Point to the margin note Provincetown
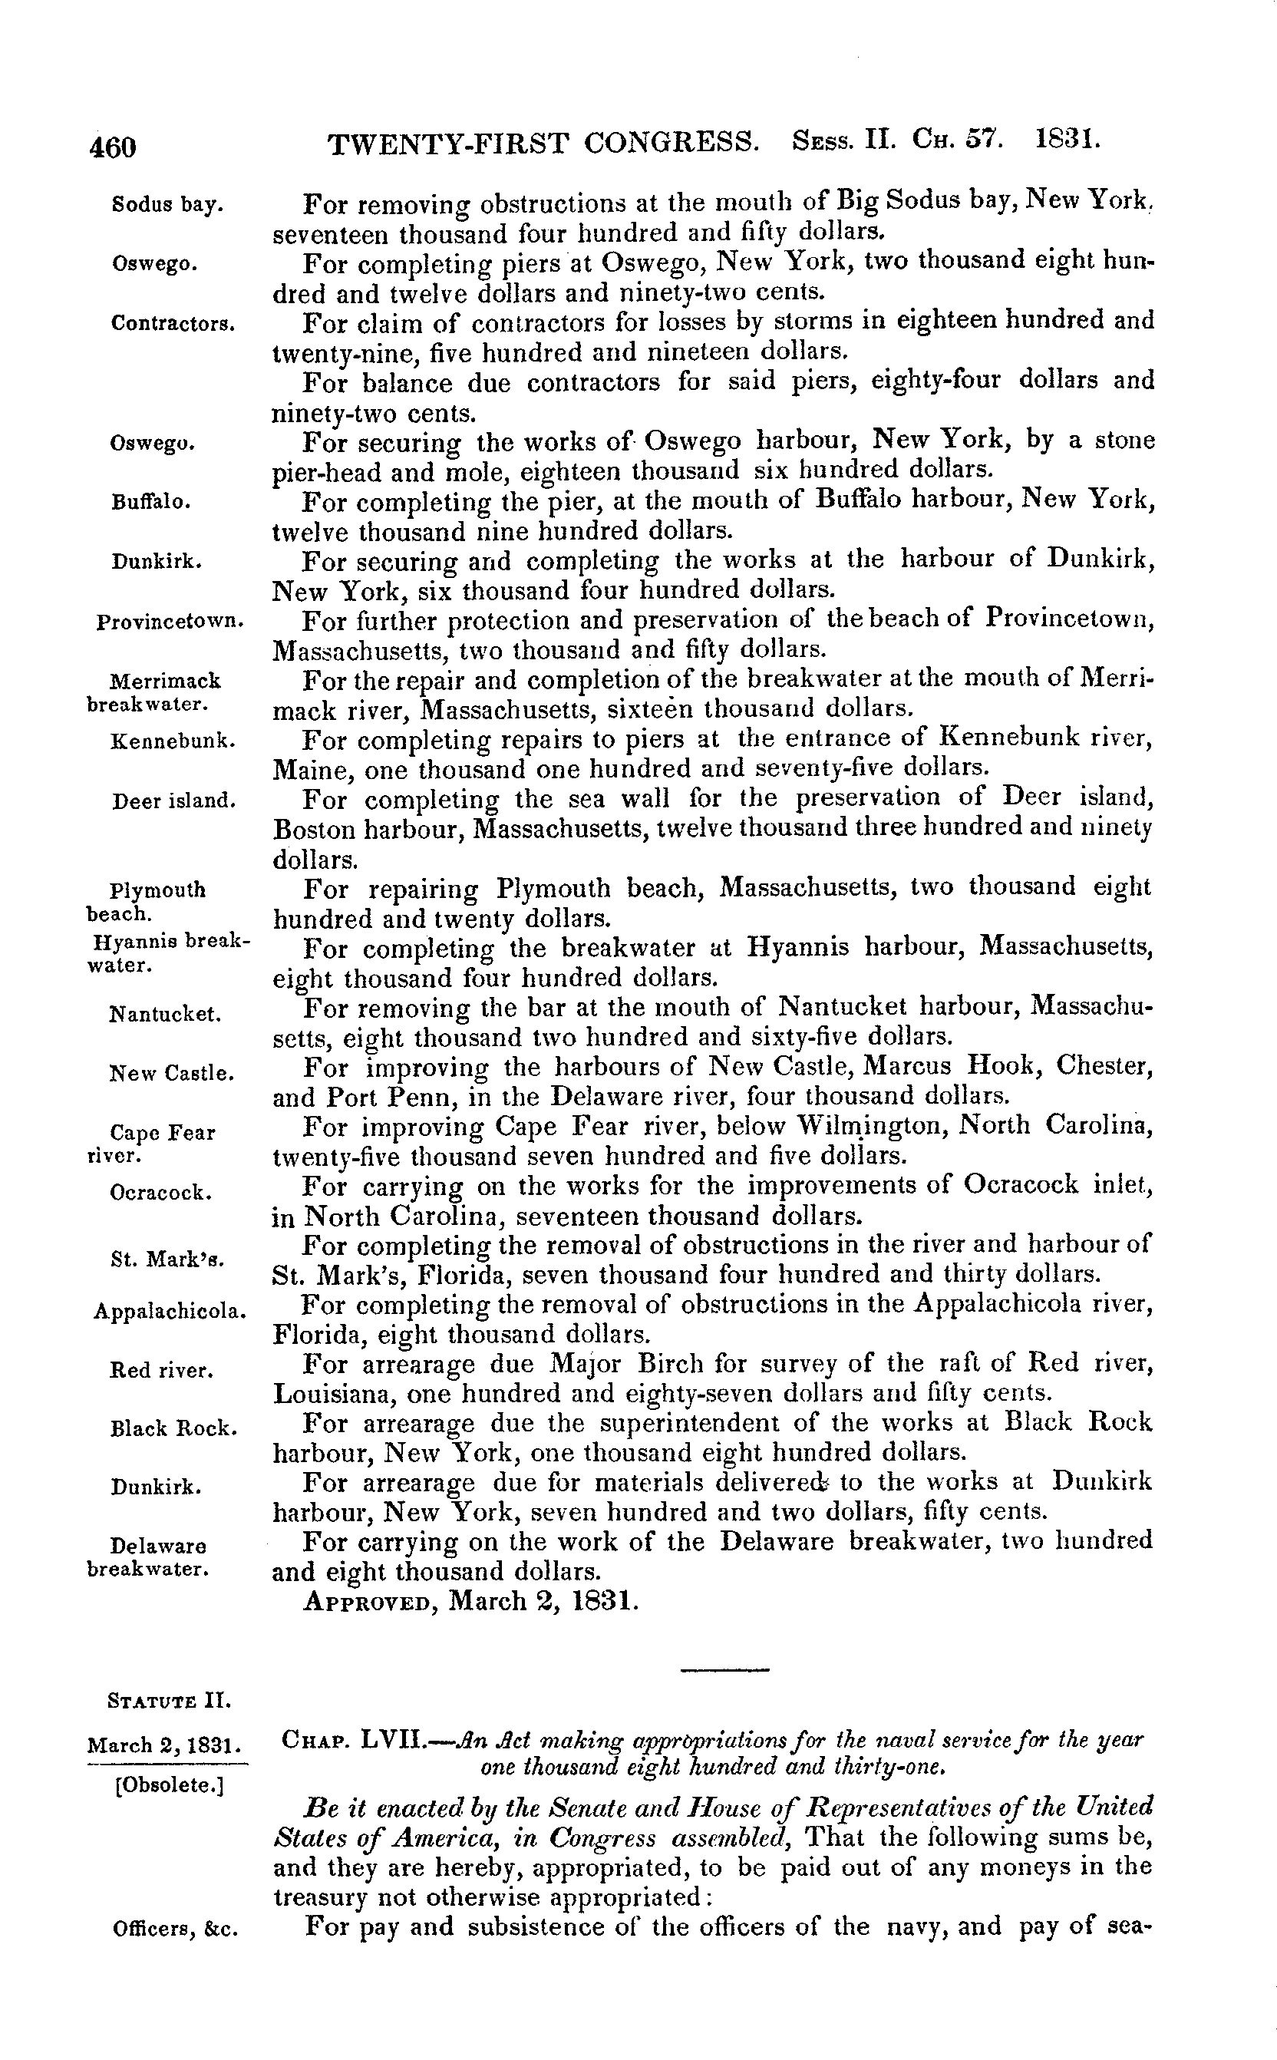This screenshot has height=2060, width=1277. point(170,622)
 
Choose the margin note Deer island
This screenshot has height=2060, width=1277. point(174,800)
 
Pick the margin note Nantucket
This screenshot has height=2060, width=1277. point(166,1014)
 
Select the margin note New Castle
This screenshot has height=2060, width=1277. point(171,1074)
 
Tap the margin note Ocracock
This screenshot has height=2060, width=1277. point(160,1193)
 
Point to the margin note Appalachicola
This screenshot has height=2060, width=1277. point(170,1312)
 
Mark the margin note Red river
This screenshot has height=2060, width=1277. point(161,1370)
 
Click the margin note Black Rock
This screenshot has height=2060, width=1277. point(173,1429)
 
